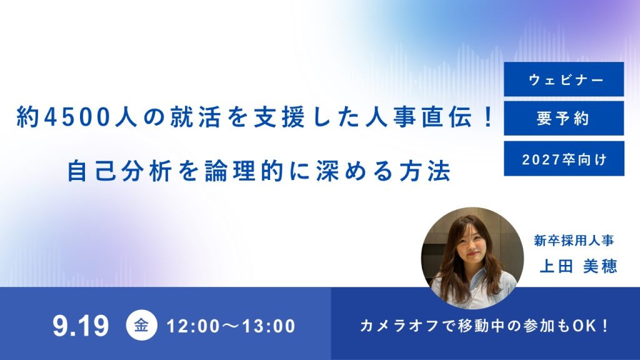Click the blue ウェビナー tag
564,79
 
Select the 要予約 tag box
564,118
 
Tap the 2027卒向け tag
564,159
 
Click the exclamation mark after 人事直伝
489,117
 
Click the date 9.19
81,326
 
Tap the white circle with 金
141,326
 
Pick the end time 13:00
269,326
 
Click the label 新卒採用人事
574,241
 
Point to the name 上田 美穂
578,266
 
